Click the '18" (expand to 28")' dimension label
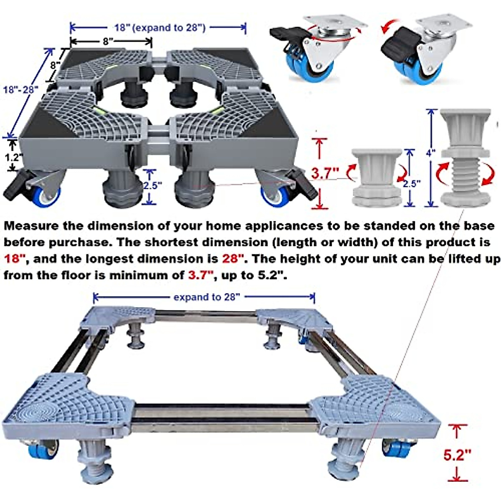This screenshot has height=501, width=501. click(x=160, y=28)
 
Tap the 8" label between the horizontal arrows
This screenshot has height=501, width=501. click(x=109, y=41)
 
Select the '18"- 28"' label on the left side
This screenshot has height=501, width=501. click(x=20, y=89)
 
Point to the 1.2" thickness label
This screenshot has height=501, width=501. click(x=13, y=157)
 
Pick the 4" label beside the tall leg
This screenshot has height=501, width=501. click(x=430, y=153)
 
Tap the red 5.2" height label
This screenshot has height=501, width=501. click(x=457, y=455)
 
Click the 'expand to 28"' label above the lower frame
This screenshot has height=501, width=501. click(x=207, y=297)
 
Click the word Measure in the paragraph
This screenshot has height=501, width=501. click(x=31, y=226)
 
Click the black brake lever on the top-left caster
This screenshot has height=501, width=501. click(x=285, y=35)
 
